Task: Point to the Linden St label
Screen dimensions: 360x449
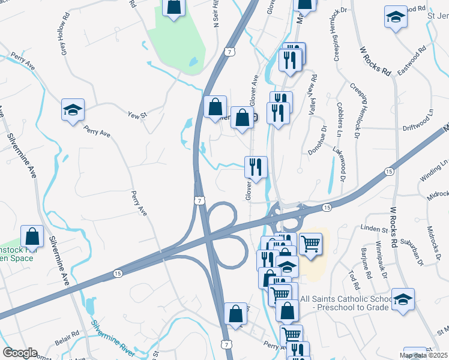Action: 375,229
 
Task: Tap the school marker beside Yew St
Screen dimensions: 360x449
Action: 73,110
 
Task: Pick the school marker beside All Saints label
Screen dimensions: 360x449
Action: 403,298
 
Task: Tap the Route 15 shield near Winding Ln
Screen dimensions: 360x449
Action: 390,172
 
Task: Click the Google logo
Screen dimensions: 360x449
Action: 20,353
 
